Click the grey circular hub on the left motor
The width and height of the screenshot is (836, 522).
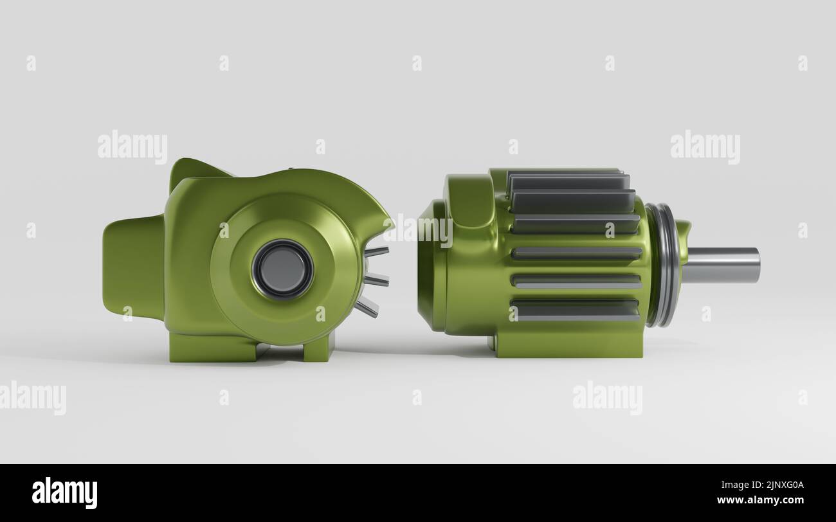(282, 269)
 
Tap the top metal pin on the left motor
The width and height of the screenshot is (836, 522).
(377, 251)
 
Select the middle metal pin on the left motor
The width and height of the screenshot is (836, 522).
(377, 279)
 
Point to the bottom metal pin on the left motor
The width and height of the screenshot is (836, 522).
(367, 307)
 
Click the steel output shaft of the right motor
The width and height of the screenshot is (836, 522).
(720, 265)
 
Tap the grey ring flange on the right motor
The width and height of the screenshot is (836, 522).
(664, 265)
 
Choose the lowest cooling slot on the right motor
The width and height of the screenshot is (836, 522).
(576, 310)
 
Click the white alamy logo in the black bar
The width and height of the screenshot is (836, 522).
(64, 493)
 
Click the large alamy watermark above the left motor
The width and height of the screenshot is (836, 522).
(132, 147)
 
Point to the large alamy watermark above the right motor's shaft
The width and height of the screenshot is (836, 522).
(705, 147)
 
